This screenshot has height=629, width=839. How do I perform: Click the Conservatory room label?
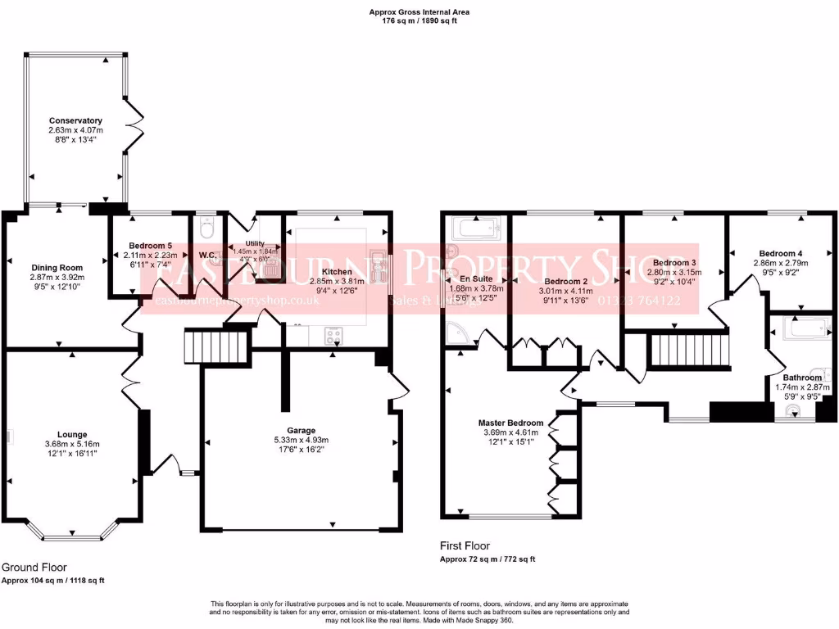pyautogui.click(x=75, y=120)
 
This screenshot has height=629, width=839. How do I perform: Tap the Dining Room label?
pyautogui.click(x=57, y=268)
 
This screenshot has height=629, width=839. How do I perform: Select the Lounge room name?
pyautogui.click(x=72, y=434)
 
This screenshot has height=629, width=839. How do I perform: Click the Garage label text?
pyautogui.click(x=301, y=430)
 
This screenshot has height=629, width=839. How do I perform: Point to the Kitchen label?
pyautogui.click(x=337, y=272)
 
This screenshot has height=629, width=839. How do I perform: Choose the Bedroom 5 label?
pyautogui.click(x=152, y=246)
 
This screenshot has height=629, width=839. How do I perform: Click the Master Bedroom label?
pyautogui.click(x=510, y=423)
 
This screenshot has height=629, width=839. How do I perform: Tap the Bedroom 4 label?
pyautogui.click(x=781, y=253)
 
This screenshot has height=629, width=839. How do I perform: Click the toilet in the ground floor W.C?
pyautogui.click(x=206, y=228)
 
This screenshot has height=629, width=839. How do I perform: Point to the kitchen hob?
pyautogui.click(x=335, y=335)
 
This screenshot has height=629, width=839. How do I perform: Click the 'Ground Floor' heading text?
pyautogui.click(x=34, y=567)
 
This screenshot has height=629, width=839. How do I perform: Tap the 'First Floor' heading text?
pyautogui.click(x=465, y=545)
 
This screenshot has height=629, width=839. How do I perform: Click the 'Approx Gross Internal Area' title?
pyautogui.click(x=419, y=12)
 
